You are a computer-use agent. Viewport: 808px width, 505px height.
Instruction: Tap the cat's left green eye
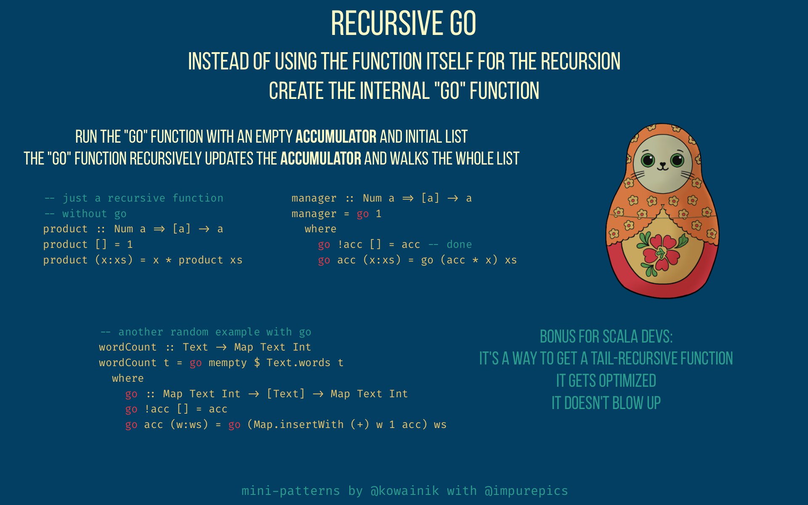648,160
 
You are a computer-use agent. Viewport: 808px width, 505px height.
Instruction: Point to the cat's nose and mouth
663,167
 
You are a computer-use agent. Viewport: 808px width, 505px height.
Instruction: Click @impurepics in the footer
526,491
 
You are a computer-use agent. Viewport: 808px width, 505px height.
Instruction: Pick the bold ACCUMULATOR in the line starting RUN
336,137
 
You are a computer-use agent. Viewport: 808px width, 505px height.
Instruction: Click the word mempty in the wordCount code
228,363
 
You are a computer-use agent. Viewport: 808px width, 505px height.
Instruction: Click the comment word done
459,245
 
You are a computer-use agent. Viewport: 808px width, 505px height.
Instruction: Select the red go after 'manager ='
363,214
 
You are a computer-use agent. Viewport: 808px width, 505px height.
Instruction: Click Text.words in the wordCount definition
298,362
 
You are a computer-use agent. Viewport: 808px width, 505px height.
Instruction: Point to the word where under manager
321,229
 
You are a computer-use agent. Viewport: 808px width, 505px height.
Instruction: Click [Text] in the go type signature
286,394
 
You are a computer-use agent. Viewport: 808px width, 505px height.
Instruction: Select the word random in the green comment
189,332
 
